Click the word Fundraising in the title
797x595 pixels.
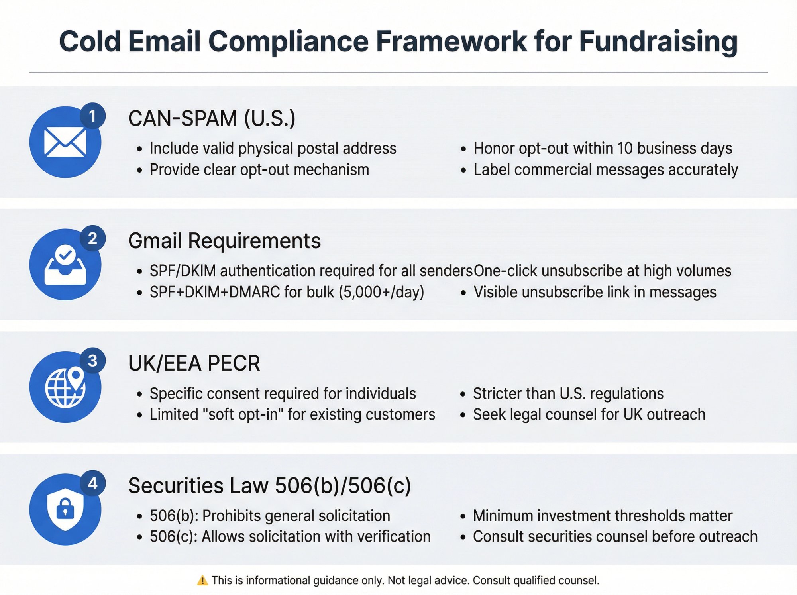tap(658, 42)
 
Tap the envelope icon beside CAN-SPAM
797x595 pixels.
tap(65, 142)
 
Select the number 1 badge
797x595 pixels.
tap(92, 116)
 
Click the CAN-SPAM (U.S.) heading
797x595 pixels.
tap(212, 118)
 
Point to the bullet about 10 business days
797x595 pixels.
tap(603, 149)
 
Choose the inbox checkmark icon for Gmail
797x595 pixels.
tap(65, 265)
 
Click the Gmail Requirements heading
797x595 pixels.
tap(224, 241)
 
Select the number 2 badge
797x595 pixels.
tap(92, 238)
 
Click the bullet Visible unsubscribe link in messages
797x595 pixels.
tap(595, 292)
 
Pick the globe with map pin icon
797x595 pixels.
tap(65, 387)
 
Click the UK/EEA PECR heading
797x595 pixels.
tap(194, 363)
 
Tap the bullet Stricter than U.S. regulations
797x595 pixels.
tap(568, 394)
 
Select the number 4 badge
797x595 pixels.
tap(92, 483)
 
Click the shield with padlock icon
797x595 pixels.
tap(65, 509)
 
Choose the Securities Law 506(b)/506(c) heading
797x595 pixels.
tap(269, 485)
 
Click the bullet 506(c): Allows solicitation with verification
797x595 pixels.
tap(290, 537)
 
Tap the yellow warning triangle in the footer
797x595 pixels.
tap(202, 581)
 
